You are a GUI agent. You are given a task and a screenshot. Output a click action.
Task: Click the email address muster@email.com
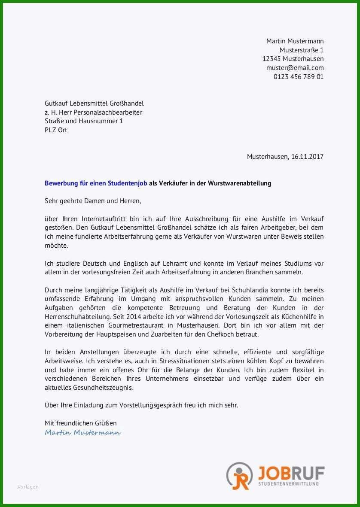295,68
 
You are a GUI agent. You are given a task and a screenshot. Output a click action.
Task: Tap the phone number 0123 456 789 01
298,77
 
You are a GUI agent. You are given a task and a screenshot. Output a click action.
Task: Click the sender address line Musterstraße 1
302,50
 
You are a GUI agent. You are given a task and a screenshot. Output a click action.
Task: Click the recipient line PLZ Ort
56,130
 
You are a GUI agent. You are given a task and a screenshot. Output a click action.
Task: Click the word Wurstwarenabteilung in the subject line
239,183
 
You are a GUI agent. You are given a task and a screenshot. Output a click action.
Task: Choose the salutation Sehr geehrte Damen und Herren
93,201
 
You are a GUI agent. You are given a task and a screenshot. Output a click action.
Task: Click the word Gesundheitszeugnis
102,387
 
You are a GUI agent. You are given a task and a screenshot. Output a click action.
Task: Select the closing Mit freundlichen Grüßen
80,423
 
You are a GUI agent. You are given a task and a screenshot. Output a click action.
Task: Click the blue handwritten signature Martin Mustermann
82,432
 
